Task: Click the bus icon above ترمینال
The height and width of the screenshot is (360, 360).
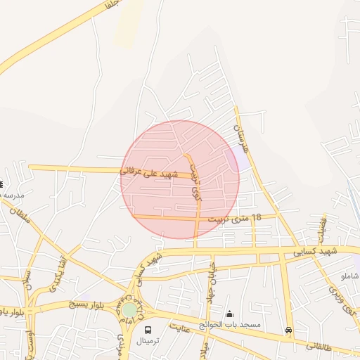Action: click(x=148, y=329)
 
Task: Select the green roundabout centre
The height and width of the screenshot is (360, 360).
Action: click(x=129, y=309)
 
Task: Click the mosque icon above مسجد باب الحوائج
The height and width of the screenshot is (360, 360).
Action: click(x=229, y=314)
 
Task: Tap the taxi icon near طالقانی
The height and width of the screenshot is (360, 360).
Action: click(x=288, y=330)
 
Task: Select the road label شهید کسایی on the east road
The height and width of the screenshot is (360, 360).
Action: click(x=316, y=250)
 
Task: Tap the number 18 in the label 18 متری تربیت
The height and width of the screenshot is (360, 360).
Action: click(x=255, y=218)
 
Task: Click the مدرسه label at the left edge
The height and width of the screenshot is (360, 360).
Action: click(x=11, y=194)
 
